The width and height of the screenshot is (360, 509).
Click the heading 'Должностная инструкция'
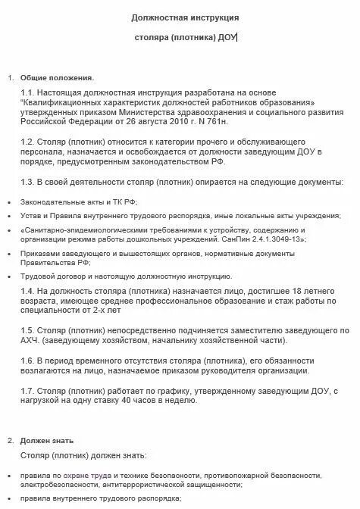click(179, 17)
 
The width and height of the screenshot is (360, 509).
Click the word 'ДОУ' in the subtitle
click(225, 38)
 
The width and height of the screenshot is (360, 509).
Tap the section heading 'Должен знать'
click(49, 440)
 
